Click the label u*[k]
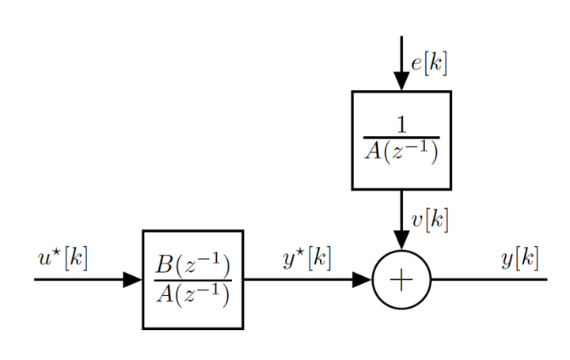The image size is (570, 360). tap(63, 258)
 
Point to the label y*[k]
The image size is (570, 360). tap(307, 258)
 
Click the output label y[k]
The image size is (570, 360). tap(520, 258)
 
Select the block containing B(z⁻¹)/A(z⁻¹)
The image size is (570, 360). tap(192, 279)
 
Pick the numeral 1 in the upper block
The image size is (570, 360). tap(401, 123)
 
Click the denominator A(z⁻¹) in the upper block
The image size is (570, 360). tap(401, 151)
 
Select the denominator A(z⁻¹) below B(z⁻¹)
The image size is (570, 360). tap(192, 294)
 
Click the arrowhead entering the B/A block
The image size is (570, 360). tap(132, 279)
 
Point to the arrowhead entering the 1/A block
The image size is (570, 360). tap(401, 81)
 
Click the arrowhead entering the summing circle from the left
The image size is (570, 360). tap(362, 279)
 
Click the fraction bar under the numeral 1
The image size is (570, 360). tap(401, 138)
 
